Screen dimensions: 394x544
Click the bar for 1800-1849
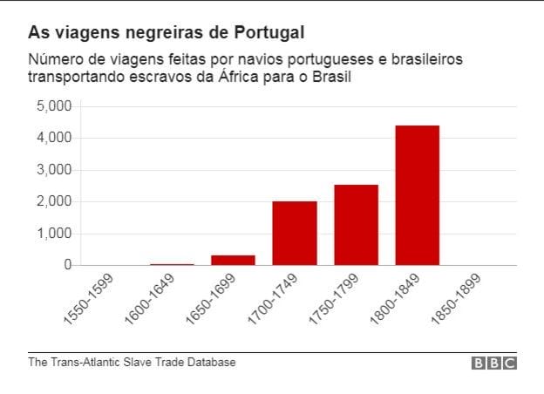(417, 195)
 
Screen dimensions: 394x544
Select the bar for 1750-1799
(356, 225)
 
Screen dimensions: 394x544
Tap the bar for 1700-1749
(295, 233)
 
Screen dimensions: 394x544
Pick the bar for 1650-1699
(233, 260)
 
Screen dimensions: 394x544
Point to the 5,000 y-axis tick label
(53, 106)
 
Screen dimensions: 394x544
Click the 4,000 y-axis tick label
(53, 138)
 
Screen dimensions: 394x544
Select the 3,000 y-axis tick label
(53, 170)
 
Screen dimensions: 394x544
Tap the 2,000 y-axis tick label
(53, 201)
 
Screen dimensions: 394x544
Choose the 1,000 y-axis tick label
(53, 234)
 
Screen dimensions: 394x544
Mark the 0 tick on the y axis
(65, 265)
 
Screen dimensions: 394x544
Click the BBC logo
(494, 363)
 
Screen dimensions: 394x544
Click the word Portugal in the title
(270, 33)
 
